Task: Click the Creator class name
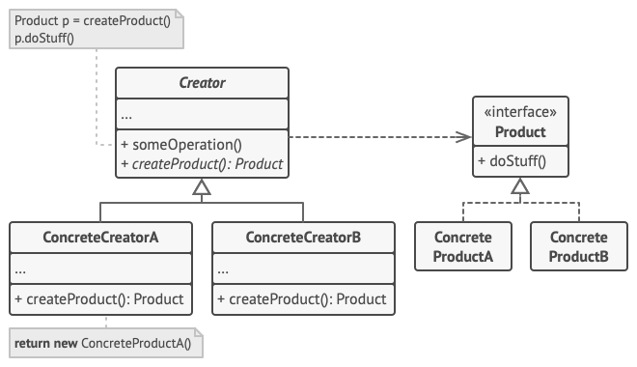click(202, 83)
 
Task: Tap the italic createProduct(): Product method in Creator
click(202, 163)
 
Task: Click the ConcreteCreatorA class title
click(100, 238)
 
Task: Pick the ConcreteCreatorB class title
click(303, 238)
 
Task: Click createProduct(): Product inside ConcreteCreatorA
click(99, 298)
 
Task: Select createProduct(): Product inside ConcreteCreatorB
click(302, 298)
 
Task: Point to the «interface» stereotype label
click(520, 113)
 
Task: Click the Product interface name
click(520, 132)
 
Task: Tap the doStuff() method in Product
click(512, 160)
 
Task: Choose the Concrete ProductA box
click(463, 246)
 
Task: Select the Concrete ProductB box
click(578, 246)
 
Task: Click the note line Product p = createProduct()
click(93, 20)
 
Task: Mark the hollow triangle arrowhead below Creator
click(201, 190)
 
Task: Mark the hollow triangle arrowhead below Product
click(519, 186)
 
